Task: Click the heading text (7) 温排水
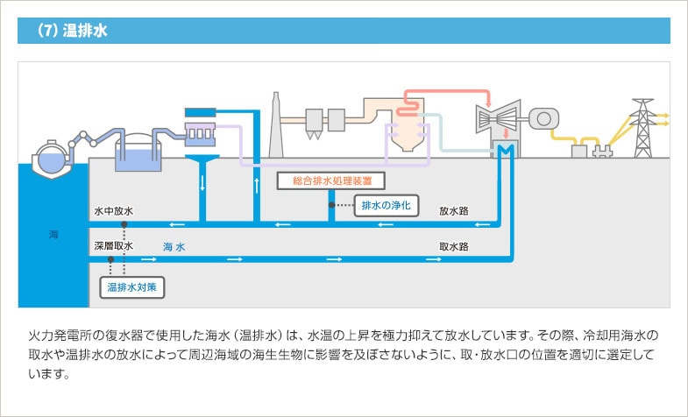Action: [72, 31]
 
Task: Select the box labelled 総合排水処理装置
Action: [319, 181]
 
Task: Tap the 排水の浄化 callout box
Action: [387, 206]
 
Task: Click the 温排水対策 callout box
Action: [132, 286]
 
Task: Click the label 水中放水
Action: [113, 211]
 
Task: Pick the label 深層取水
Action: [113, 247]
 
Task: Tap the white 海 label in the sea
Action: [53, 234]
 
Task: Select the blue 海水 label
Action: [174, 247]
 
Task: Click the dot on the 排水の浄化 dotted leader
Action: [330, 206]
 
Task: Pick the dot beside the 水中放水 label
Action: [124, 224]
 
